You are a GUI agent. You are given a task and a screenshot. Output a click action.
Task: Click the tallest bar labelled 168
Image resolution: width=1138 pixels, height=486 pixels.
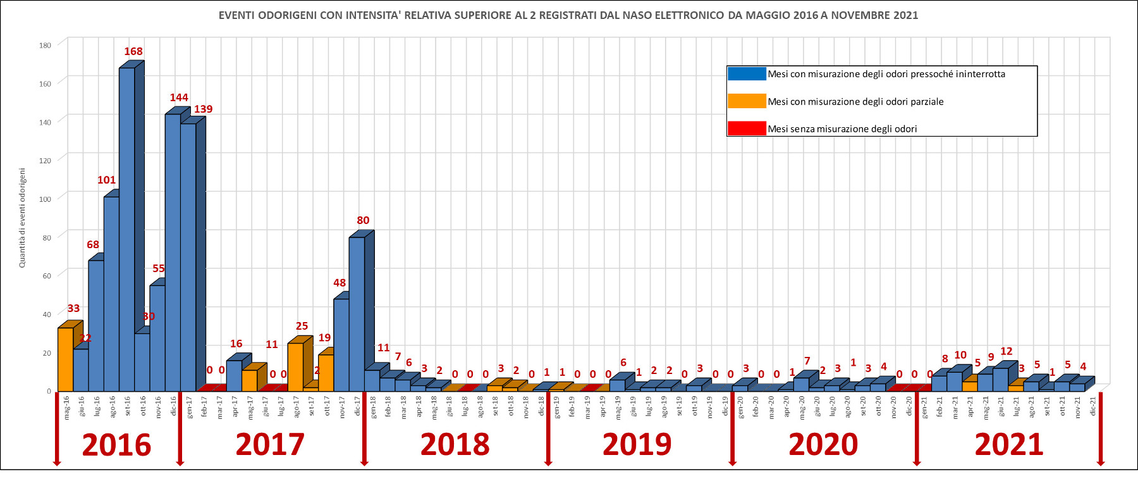point(127,228)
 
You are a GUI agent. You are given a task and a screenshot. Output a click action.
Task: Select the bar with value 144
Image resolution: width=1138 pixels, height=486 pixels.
point(173,253)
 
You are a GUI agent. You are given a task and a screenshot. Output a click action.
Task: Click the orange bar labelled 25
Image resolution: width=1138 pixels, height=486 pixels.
point(295,366)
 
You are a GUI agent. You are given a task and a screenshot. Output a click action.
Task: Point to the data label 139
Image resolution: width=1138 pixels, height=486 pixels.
point(203,109)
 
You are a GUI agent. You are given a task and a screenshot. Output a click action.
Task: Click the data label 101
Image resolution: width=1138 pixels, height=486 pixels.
point(106,180)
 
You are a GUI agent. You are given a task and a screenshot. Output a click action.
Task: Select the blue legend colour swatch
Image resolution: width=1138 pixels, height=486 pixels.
point(747,74)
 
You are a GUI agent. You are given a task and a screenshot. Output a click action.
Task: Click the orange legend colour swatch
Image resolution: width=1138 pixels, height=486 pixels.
point(747,101)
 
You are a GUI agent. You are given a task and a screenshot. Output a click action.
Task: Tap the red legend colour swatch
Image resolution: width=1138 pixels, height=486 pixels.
point(747,128)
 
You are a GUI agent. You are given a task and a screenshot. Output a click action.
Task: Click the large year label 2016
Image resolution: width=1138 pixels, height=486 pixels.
point(116,445)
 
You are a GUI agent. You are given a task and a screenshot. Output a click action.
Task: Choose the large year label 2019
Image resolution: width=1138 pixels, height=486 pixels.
point(637,445)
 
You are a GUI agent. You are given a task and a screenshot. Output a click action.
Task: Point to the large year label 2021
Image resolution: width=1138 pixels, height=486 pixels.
point(1008,445)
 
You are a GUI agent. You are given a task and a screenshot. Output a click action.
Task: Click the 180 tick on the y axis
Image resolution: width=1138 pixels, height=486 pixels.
point(45,45)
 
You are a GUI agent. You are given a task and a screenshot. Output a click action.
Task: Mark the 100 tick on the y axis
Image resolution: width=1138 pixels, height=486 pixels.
point(45,199)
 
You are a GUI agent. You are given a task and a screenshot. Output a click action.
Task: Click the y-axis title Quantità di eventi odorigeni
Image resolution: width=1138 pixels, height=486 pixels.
point(22,218)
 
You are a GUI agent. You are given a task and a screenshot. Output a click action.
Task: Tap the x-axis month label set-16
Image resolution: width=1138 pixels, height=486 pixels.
point(128,406)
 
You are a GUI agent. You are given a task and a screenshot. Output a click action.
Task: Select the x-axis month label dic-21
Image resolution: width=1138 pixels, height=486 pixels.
point(1093,406)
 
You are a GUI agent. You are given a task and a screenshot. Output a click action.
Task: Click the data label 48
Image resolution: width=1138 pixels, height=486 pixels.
point(340,283)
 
